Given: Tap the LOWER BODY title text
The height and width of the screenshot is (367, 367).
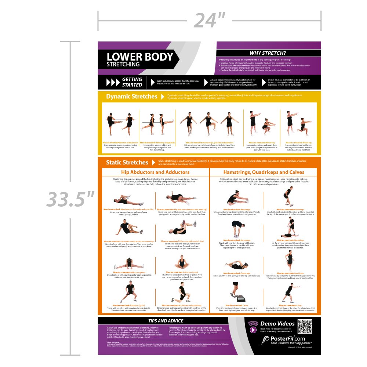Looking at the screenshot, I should [139, 57].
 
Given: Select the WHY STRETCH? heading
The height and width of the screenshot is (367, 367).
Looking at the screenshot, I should [268, 53].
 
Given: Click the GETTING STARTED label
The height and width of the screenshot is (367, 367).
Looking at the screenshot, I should [132, 82].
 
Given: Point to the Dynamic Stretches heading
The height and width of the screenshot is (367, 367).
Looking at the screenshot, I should [131, 97].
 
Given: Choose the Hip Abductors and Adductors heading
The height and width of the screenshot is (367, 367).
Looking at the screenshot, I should [155, 172].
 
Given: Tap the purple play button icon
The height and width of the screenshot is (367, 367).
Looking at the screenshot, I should [253, 329].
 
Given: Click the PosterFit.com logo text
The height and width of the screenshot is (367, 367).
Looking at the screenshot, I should [282, 338].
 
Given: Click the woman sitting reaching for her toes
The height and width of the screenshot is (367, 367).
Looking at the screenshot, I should [237, 199].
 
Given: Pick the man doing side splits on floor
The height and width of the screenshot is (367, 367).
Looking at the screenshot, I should [128, 264].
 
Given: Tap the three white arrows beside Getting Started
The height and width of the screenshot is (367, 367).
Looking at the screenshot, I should [113, 82].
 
